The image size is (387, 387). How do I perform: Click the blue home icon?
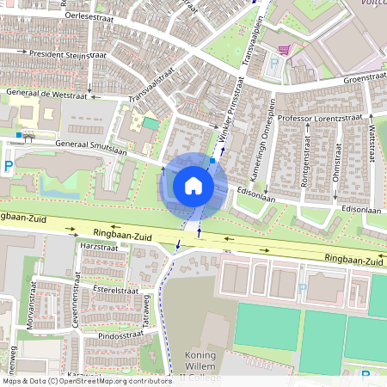(193, 185)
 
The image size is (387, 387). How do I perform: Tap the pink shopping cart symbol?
(285, 49)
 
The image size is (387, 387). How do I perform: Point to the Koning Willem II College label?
(200, 366)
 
